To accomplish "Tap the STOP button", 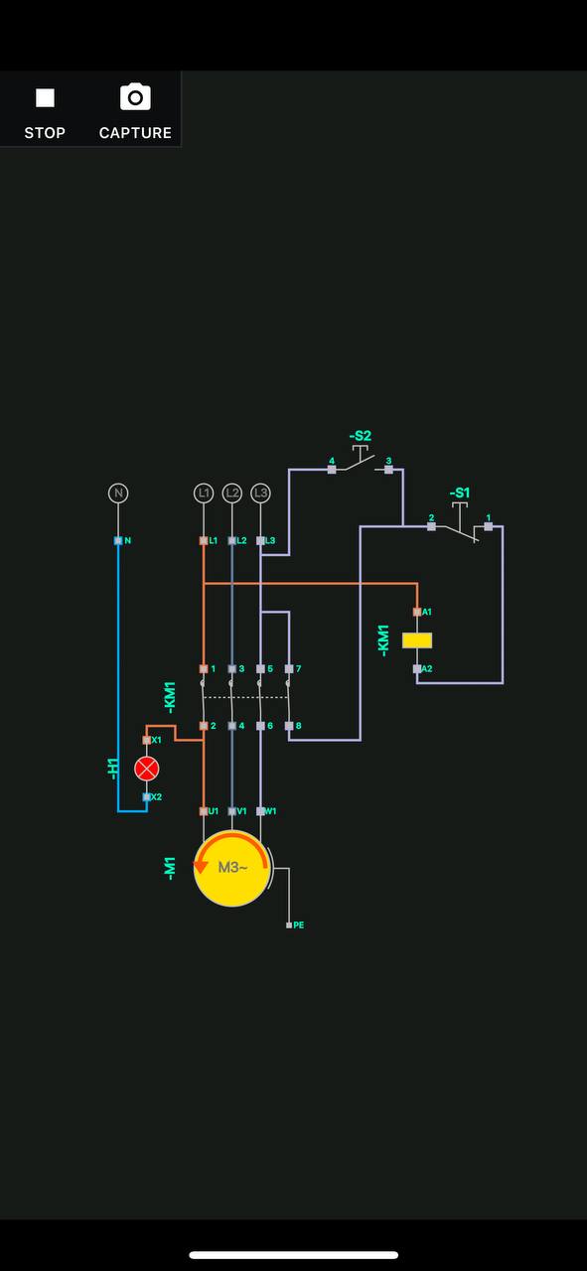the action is coord(45,113).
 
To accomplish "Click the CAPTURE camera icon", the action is coord(135,97).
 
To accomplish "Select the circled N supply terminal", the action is coord(118,494).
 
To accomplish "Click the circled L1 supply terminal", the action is coord(204,494).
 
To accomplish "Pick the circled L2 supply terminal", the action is coord(231,494).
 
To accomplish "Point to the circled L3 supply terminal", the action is coord(260,494).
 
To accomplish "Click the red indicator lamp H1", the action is coord(146,769).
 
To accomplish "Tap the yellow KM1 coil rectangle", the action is coord(417,640).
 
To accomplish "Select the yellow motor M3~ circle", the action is coord(232,868).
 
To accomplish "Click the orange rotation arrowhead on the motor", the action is coord(201,867).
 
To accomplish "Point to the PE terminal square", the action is coord(289,925).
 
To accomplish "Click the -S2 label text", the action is coord(360,436).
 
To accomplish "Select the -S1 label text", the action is coord(459,493).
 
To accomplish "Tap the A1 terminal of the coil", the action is coord(417,612).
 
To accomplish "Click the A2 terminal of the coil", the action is coord(417,669).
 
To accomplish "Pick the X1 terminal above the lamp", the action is coord(146,740).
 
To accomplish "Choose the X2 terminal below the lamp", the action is coord(146,796).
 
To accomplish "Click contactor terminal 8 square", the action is coord(289,726).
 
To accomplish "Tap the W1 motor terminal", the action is coord(260,811).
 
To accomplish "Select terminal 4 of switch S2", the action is coord(332,470).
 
